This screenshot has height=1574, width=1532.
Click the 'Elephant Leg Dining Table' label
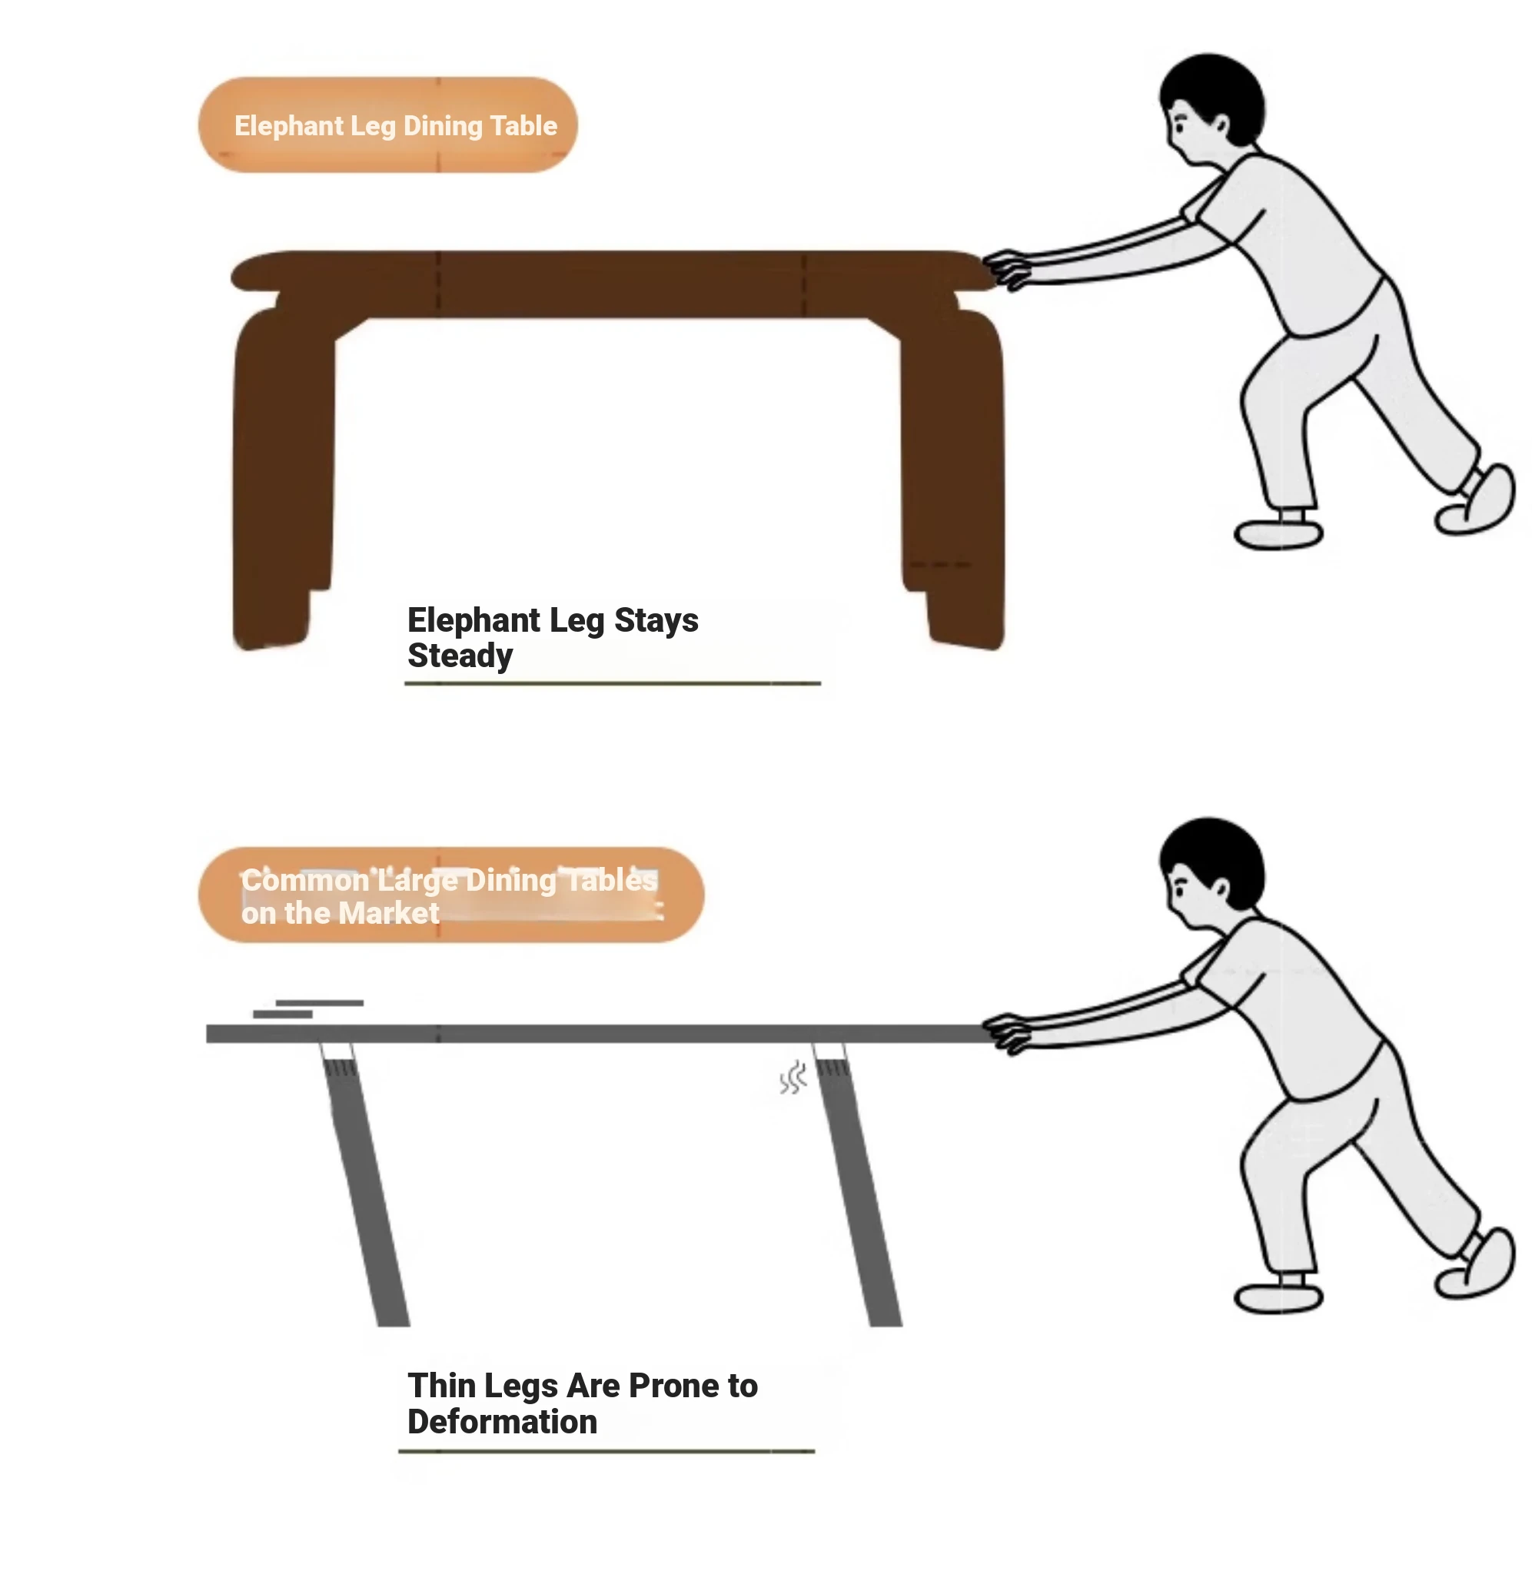tap(395, 126)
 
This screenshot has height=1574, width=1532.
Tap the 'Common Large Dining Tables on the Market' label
tap(450, 896)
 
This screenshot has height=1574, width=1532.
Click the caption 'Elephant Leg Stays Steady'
tap(553, 638)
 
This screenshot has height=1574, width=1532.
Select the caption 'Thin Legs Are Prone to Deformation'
tap(583, 1403)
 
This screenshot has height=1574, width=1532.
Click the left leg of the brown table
tap(281, 479)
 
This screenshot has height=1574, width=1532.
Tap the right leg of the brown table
tap(953, 479)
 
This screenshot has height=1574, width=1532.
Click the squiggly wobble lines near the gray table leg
tap(793, 1078)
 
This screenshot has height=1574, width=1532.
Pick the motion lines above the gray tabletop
tap(308, 1008)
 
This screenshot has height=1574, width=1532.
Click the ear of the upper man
tap(1221, 125)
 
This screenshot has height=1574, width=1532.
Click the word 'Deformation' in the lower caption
tap(502, 1422)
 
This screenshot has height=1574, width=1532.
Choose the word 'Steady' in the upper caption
tap(460, 656)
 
